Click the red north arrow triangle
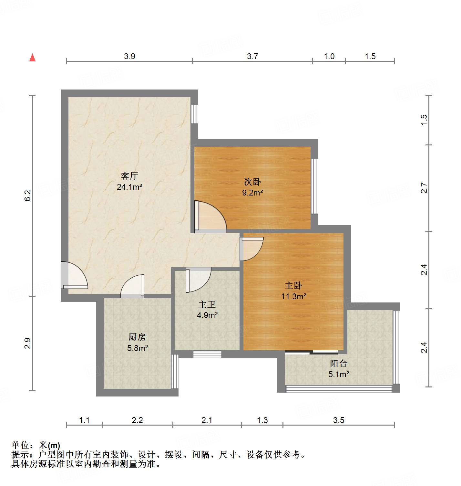click(32, 58)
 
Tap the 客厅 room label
click(129, 176)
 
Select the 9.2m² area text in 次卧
click(252, 193)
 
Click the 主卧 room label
click(293, 285)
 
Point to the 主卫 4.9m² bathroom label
click(207, 310)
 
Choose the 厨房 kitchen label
click(137, 337)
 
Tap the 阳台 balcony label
click(338, 364)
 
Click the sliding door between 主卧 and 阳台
click(312, 352)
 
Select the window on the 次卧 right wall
click(314, 186)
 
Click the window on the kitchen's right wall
click(175, 371)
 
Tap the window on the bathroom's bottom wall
click(207, 354)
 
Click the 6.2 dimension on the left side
click(28, 195)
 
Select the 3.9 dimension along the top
click(129, 56)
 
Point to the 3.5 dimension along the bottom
click(339, 420)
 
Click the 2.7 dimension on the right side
click(424, 188)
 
